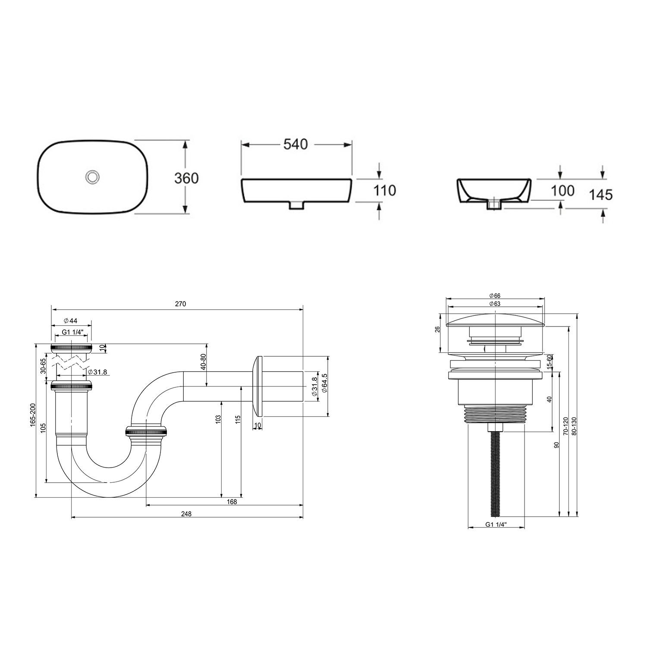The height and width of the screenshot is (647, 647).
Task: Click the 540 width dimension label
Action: pos(296,144)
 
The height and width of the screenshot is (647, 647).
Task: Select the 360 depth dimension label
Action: pos(186,178)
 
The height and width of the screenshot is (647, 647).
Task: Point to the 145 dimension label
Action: pos(600,195)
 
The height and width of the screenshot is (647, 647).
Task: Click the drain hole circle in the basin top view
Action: pos(92,176)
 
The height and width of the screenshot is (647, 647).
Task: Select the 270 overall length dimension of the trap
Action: pos(180,304)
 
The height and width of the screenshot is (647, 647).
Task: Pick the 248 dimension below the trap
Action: pos(186,513)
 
